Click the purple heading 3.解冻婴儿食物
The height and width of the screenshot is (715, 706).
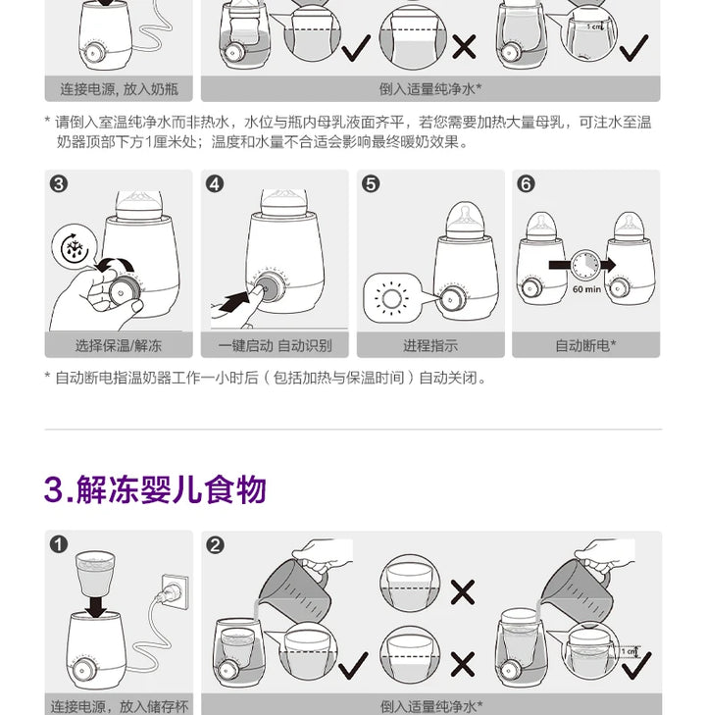coord(155,489)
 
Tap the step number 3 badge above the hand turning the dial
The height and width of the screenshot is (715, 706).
coord(59,184)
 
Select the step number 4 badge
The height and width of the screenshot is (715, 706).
coord(215,184)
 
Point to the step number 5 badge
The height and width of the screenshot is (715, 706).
coord(371,184)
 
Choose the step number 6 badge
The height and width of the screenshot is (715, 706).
coord(526,184)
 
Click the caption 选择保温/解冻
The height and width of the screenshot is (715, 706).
coord(119,345)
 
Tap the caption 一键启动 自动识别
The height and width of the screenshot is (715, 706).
coord(275,345)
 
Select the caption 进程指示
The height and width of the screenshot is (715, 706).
coord(430,345)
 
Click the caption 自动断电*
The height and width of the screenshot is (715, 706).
coord(585,345)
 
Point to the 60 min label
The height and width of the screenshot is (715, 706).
coord(586,289)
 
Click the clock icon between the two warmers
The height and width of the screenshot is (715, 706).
coord(585,265)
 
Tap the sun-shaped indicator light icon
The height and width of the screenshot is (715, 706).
coord(391,299)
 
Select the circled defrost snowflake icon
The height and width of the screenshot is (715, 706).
coord(75,248)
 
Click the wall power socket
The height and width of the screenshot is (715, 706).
coord(175,592)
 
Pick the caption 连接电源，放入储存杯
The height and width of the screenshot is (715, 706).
coord(120,706)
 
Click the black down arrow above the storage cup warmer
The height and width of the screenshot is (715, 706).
coord(97,606)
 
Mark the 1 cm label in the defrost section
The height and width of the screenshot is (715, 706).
coord(629,651)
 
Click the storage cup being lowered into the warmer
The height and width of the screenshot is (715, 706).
coord(95,573)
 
